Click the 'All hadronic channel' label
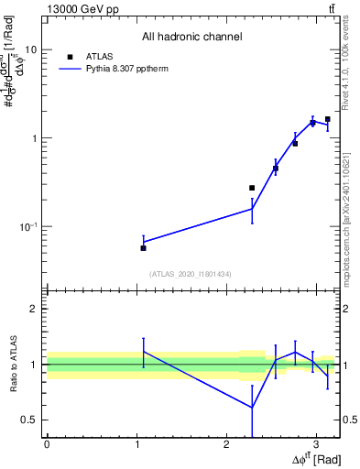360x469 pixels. coord(191,37)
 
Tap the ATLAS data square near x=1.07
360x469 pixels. coord(143,248)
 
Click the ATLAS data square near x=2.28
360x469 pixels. coord(252,188)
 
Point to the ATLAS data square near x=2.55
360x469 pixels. coord(276,169)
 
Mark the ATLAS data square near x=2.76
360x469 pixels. coord(295,144)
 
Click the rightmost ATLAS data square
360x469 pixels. coord(327,119)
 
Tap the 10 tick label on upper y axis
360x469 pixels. coord(30,50)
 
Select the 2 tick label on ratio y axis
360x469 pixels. coord(34,309)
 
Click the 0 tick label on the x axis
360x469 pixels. coord(47,442)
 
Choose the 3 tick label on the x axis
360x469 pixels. coord(316,442)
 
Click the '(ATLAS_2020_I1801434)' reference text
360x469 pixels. coord(191,274)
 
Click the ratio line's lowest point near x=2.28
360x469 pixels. coord(252,408)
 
